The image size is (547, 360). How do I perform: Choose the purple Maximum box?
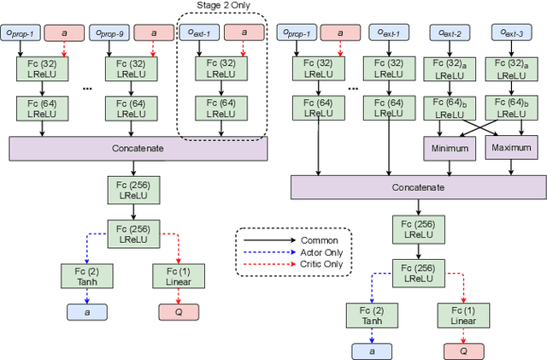511,148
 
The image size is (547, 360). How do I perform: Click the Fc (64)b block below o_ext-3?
511,109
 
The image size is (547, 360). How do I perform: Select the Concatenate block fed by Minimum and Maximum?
418,187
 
